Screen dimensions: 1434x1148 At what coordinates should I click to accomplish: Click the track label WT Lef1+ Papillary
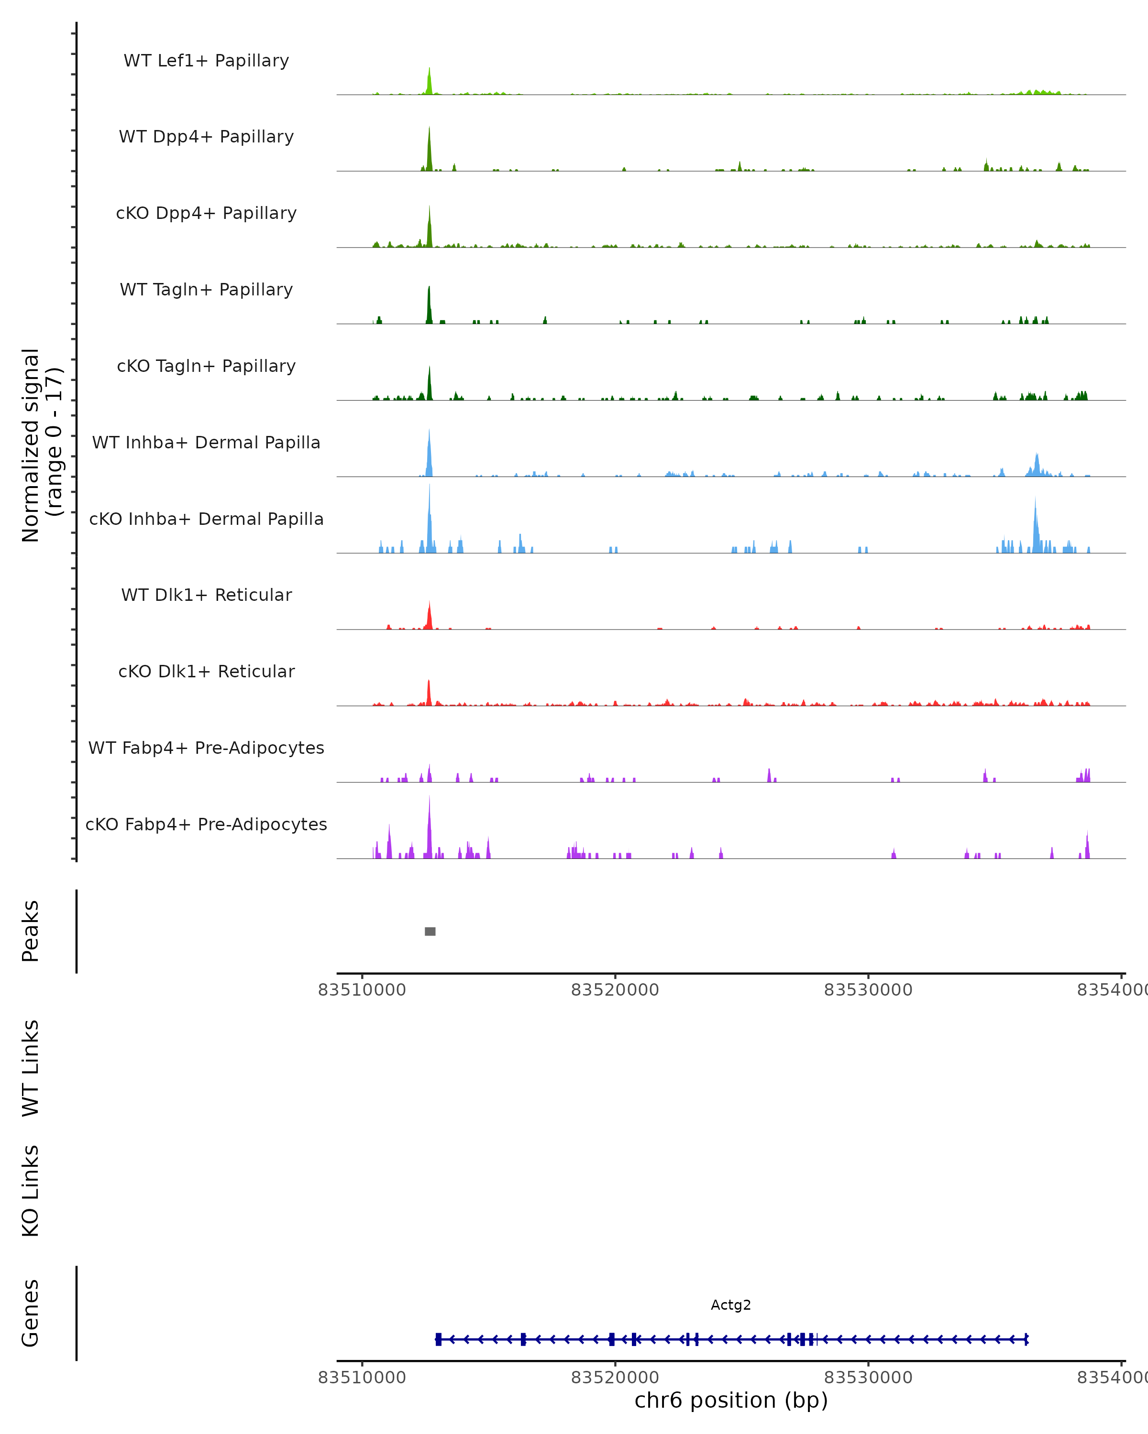[206, 61]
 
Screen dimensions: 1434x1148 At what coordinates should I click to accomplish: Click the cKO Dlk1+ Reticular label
[206, 671]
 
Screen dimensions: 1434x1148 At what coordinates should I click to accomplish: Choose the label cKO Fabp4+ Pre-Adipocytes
[206, 824]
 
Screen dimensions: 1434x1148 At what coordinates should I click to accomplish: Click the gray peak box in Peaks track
[430, 931]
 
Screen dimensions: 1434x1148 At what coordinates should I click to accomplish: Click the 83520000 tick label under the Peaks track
[615, 990]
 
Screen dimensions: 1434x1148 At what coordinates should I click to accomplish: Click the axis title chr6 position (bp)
[731, 1401]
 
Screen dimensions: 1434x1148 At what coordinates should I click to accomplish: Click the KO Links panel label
[31, 1191]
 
